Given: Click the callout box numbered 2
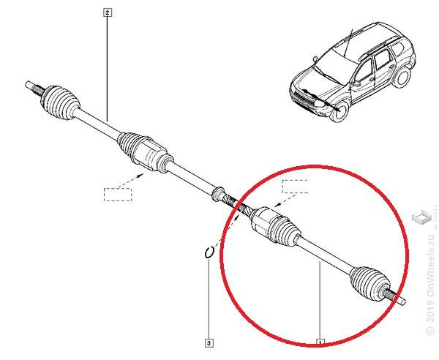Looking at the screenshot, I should [x=108, y=12].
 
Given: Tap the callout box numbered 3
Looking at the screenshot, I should [x=209, y=342].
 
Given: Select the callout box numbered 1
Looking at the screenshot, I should [x=320, y=342].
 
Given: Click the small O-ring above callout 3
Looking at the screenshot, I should [x=209, y=252].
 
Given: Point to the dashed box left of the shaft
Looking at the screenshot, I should [x=117, y=194].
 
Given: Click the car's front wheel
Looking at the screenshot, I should [x=337, y=113].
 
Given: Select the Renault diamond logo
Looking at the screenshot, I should [x=421, y=217].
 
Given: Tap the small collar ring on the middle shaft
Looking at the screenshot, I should [x=217, y=193].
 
